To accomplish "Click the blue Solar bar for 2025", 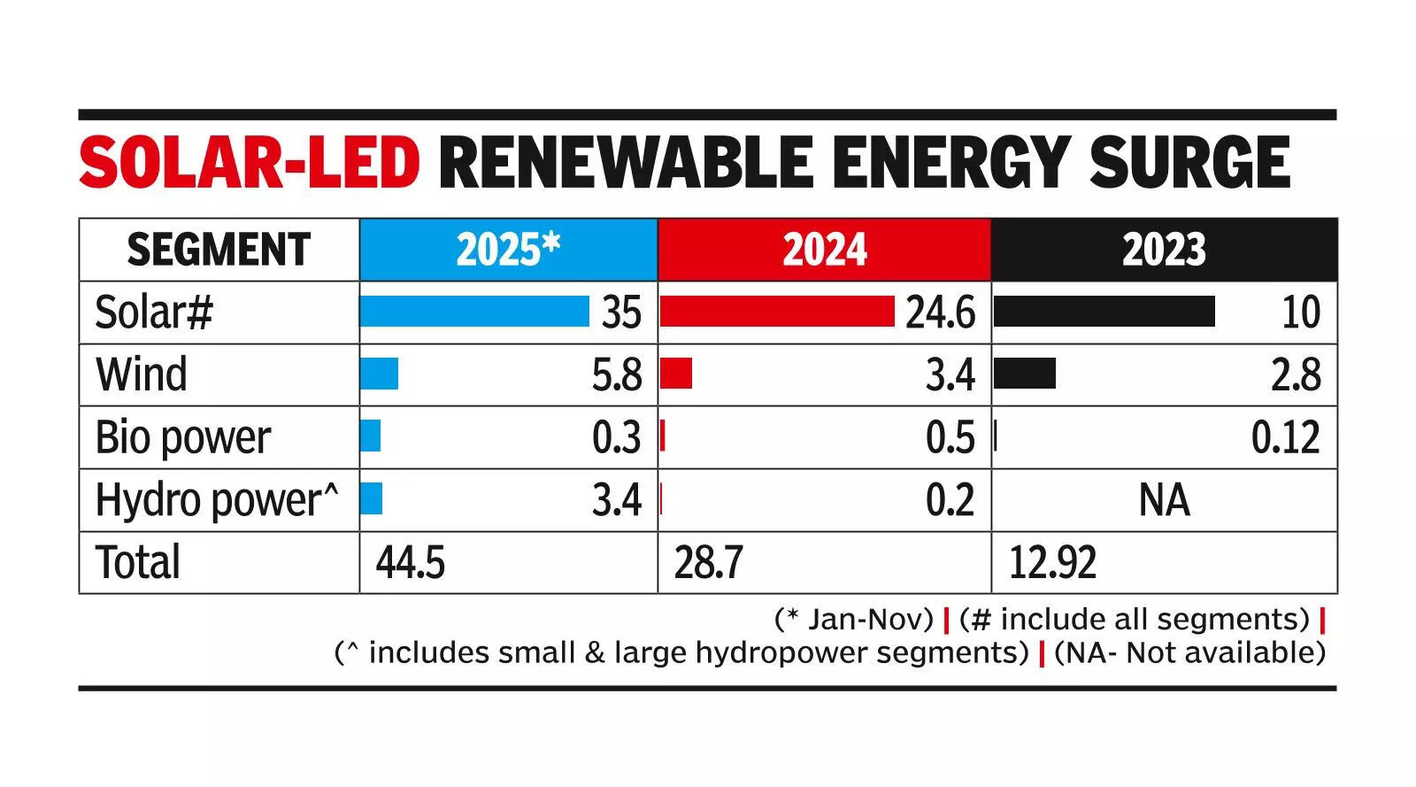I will coord(474,312).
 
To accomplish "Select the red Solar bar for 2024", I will coord(777,312).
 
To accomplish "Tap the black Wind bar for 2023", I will coord(1025,374).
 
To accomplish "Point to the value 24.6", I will coord(940,312).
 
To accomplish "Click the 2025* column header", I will coord(508,250).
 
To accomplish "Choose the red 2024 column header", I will coord(824,250).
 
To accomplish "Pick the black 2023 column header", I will coord(1164,250).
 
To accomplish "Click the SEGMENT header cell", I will coord(219,250).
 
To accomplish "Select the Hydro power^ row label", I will coord(217,500).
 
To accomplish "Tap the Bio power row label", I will coord(183,437).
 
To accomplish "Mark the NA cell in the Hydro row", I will coord(1164,500).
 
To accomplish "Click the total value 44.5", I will coord(410,562).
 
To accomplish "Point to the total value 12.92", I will coord(1052,562).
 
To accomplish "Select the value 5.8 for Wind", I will coord(617,375).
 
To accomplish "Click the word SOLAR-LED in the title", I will coord(249,163).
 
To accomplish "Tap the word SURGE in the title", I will coord(1189,163).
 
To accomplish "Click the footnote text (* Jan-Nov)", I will coord(853,619).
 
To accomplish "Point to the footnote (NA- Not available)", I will coord(1189,652).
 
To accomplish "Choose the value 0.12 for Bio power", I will coord(1285,437).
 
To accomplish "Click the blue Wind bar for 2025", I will coord(379,374).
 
